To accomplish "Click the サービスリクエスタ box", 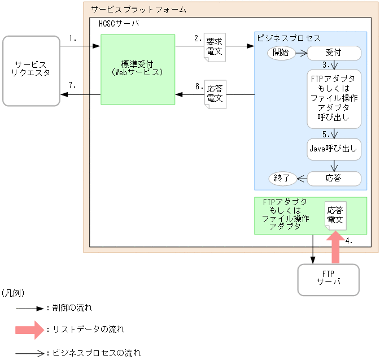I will [32, 71].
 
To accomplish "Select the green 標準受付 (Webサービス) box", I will [138, 69].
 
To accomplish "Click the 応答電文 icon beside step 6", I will [215, 94].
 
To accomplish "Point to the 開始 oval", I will [281, 53].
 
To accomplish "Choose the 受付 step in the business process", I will [334, 53].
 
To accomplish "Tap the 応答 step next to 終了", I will [334, 179].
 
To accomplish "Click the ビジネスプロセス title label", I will [289, 38].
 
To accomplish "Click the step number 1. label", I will [72, 38].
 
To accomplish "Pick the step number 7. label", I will [72, 85].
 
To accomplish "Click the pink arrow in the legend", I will [30, 328].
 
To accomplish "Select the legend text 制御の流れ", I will [72, 309].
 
